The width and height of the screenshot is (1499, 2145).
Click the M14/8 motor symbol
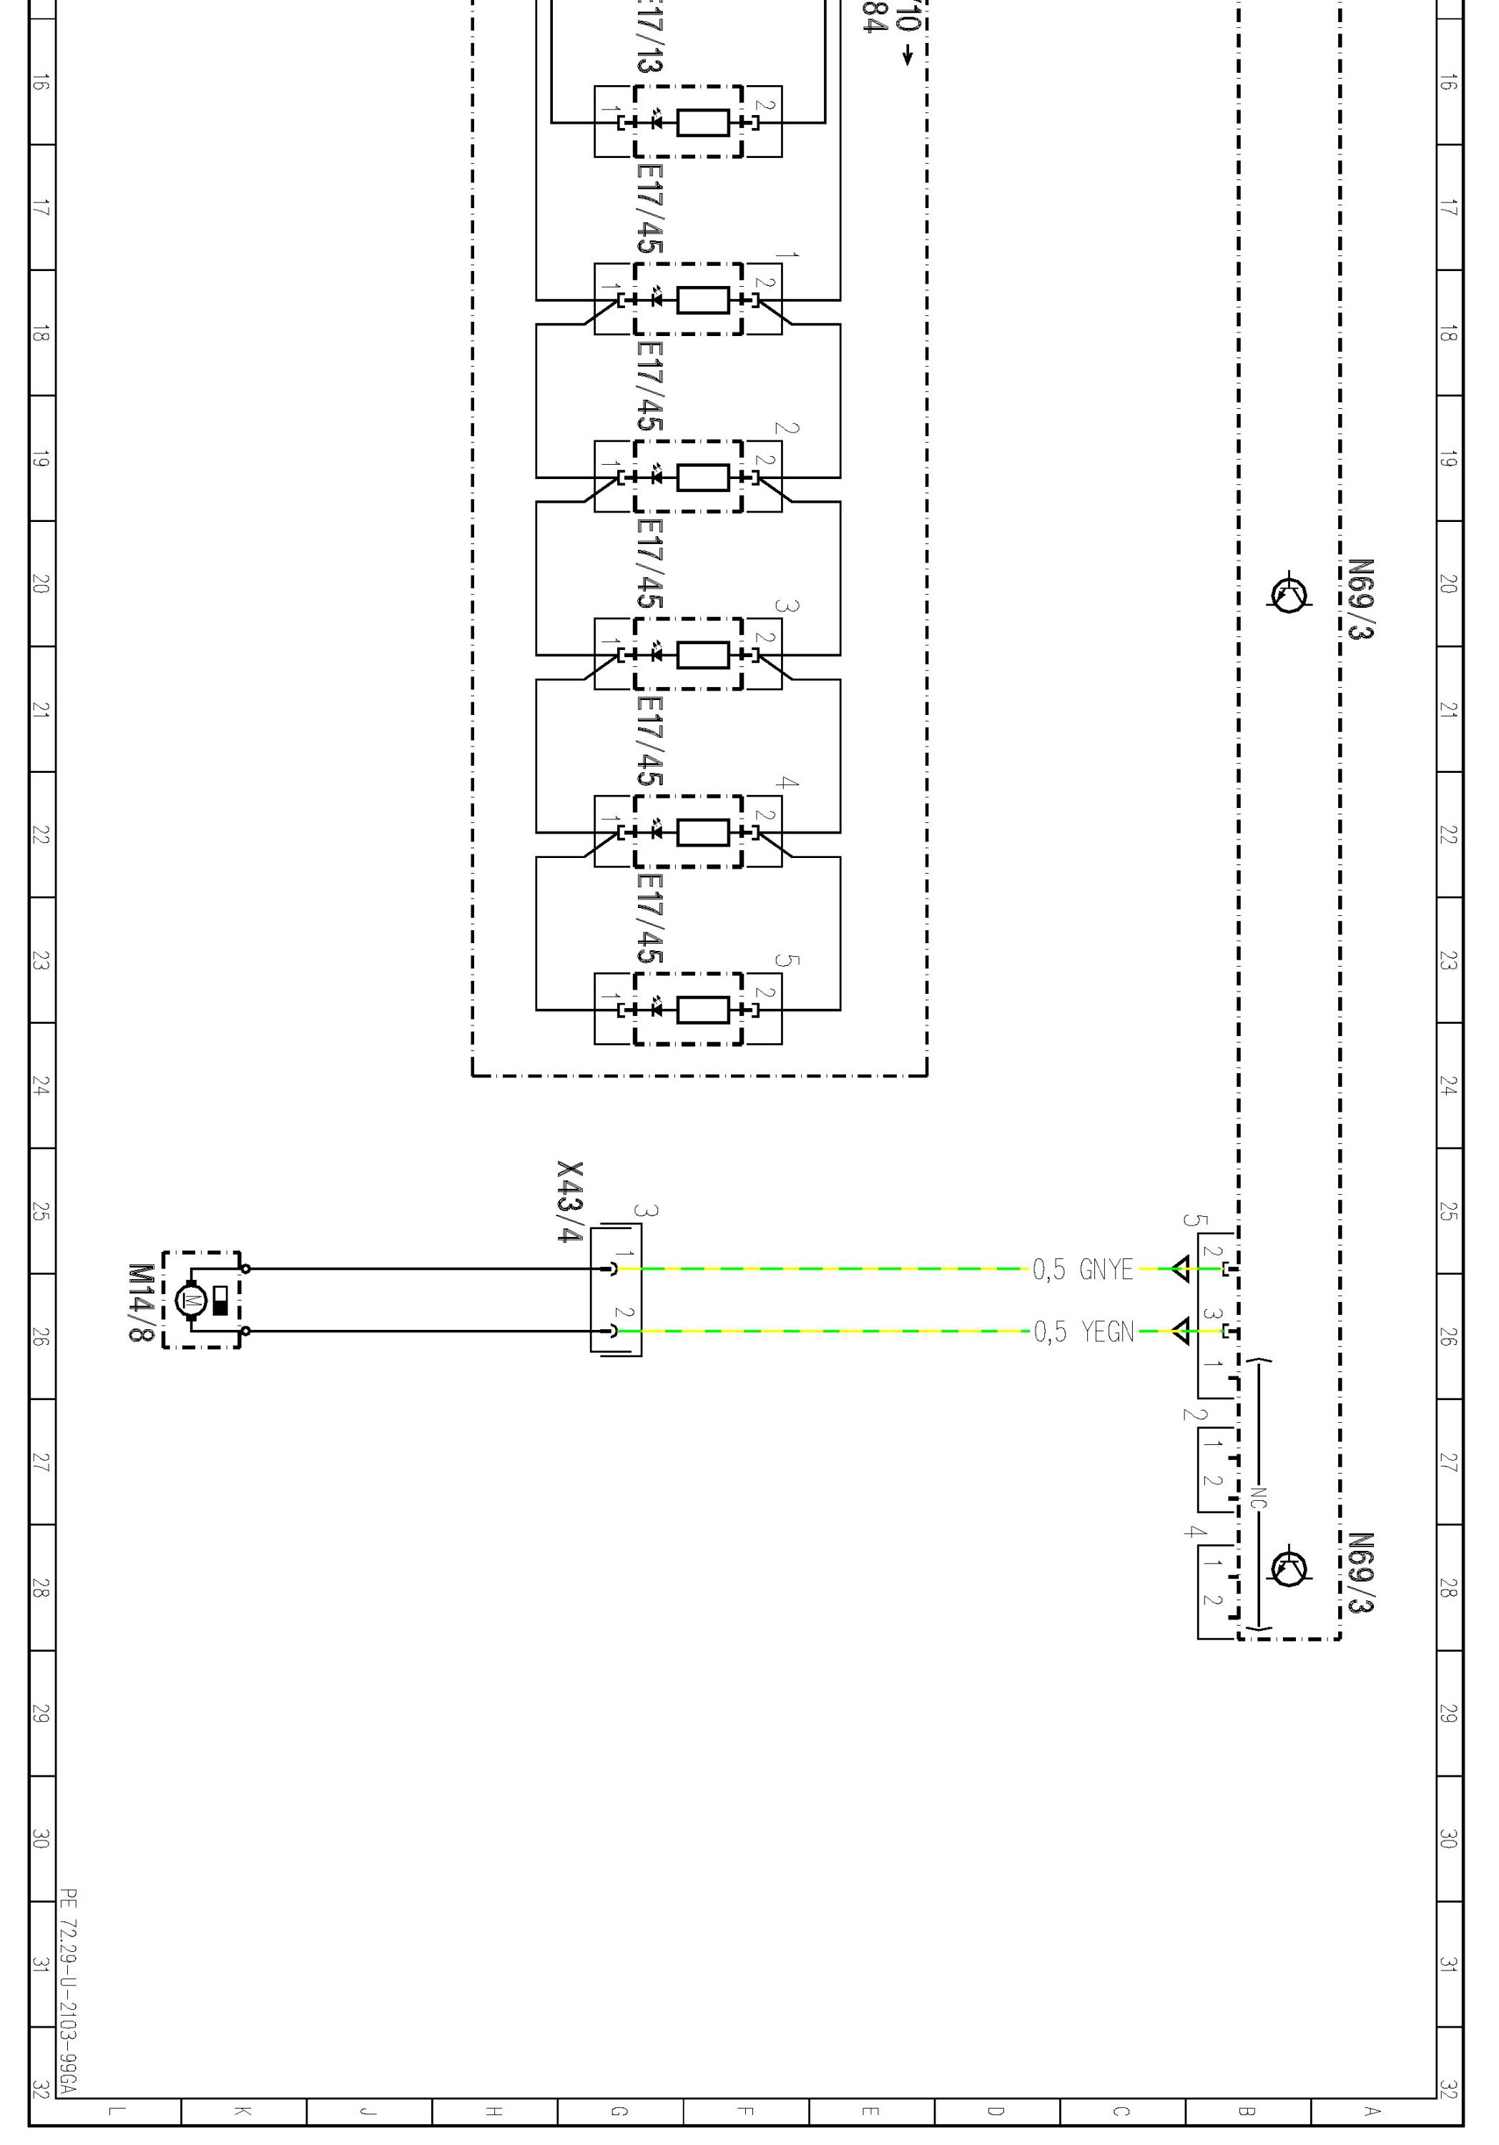coord(191,1300)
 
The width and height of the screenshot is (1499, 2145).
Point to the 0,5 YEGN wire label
coord(1083,1331)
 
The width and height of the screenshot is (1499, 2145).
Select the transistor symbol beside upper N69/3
coord(1289,594)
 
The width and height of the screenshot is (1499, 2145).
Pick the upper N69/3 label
coord(1361,599)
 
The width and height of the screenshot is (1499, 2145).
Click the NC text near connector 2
coord(1258,1498)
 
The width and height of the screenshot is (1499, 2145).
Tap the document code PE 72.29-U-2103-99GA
coord(68,1990)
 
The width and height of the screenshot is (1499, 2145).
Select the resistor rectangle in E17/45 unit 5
coord(703,1010)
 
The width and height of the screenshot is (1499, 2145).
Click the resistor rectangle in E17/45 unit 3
coord(703,655)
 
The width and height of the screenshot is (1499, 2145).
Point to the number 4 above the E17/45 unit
coord(787,783)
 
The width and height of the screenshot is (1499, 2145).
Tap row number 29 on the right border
coord(1448,1712)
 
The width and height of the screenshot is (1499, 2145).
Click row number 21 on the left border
coord(40,709)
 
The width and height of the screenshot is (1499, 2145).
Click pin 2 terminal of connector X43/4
coord(614,1331)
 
